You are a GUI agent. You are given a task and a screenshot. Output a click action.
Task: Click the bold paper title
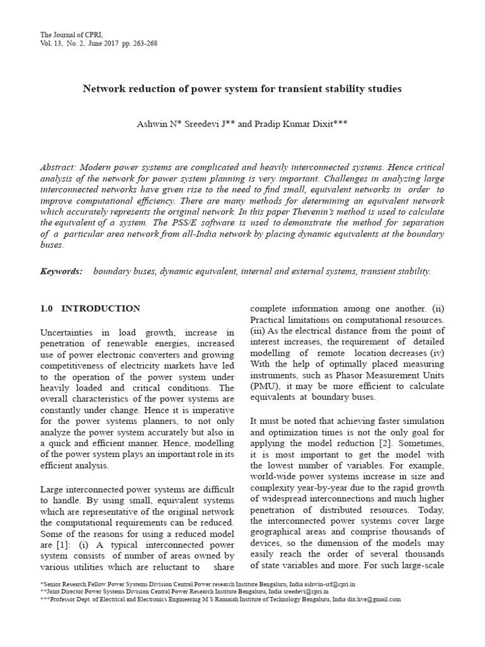click(x=242, y=89)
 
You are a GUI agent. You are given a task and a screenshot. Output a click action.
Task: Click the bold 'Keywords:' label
click(x=61, y=271)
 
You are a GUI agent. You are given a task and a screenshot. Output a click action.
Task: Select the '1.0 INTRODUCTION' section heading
click(x=90, y=309)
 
